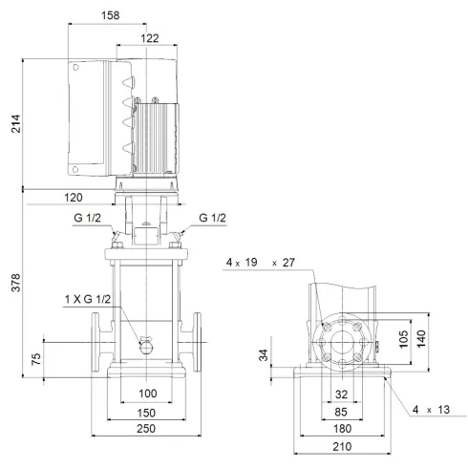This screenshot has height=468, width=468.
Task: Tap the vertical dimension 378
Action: pyautogui.click(x=14, y=284)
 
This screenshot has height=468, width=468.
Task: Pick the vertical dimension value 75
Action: pyautogui.click(x=35, y=361)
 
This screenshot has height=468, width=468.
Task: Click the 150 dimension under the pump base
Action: pyautogui.click(x=147, y=414)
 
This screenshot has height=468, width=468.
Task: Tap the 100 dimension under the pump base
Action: pyautogui.click(x=147, y=394)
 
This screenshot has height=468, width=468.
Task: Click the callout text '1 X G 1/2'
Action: pyautogui.click(x=89, y=300)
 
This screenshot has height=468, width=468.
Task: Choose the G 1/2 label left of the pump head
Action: pyautogui.click(x=86, y=219)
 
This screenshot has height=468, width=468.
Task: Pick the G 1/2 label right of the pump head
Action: pyautogui.click(x=212, y=219)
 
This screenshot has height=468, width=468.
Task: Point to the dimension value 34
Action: pyautogui.click(x=262, y=356)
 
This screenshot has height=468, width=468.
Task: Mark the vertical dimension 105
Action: pyautogui.click(x=403, y=339)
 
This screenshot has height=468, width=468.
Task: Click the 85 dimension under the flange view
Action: pyautogui.click(x=342, y=414)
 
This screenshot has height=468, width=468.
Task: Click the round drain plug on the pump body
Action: pyautogui.click(x=146, y=346)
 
